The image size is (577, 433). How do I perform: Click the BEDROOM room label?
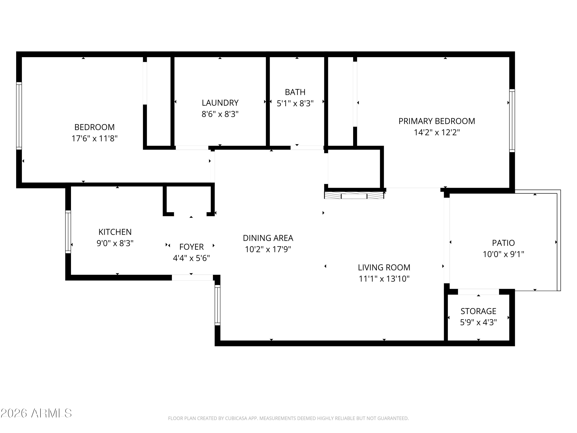pos(94,127)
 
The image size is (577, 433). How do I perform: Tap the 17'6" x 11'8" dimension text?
pos(94,138)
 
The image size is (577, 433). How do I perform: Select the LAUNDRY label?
pos(220,103)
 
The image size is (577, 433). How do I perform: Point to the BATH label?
pos(295,92)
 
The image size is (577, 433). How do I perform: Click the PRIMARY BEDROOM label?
pos(437,121)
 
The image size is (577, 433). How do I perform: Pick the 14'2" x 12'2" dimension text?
pos(437,132)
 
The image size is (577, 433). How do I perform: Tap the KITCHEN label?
pos(115,232)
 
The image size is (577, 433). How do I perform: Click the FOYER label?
pos(191,247)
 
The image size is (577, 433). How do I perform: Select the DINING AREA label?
pos(268,238)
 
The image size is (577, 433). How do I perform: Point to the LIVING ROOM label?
pos(384,267)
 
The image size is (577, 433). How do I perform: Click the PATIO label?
pos(503,243)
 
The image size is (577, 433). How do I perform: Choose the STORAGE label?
pos(478,311)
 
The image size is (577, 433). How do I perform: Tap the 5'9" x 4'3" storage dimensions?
pos(478,322)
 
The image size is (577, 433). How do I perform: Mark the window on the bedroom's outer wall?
pos(19,116)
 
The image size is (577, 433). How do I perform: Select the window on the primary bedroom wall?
pos(512,121)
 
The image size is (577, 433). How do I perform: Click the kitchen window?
pos(68,232)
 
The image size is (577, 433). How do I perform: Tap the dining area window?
pos(218,305)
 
